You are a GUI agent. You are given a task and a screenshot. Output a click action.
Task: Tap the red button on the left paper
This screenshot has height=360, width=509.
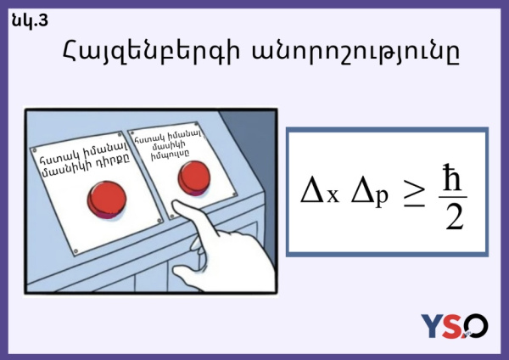coord(107,200)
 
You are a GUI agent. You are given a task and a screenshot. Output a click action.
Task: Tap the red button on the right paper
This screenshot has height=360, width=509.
coord(194,178)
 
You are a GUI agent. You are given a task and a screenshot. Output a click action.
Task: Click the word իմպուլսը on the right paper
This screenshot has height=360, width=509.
coord(170,155)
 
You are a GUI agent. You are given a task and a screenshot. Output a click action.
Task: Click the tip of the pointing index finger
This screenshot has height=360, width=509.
coord(176,205)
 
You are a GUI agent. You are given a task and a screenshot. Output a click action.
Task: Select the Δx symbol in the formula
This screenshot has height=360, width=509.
coord(320,192)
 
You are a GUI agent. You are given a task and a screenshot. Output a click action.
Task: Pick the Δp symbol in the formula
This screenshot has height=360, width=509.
coord(369,194)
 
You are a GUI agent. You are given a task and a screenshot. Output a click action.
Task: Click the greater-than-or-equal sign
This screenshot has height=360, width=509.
coord(414,194)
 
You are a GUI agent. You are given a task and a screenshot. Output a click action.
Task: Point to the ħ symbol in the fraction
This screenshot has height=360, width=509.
coord(452,177)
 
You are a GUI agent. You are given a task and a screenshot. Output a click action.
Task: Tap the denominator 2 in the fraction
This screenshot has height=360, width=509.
coord(454,217)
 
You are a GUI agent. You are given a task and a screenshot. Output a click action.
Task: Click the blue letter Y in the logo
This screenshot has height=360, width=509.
coord(433,326)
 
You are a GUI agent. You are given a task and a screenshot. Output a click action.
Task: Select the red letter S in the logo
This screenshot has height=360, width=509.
coord(454,326)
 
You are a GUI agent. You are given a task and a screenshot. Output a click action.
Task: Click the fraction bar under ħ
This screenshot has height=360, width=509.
coord(453,197)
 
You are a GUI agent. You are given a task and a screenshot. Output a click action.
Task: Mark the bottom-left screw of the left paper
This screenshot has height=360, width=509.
coord(76,250)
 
